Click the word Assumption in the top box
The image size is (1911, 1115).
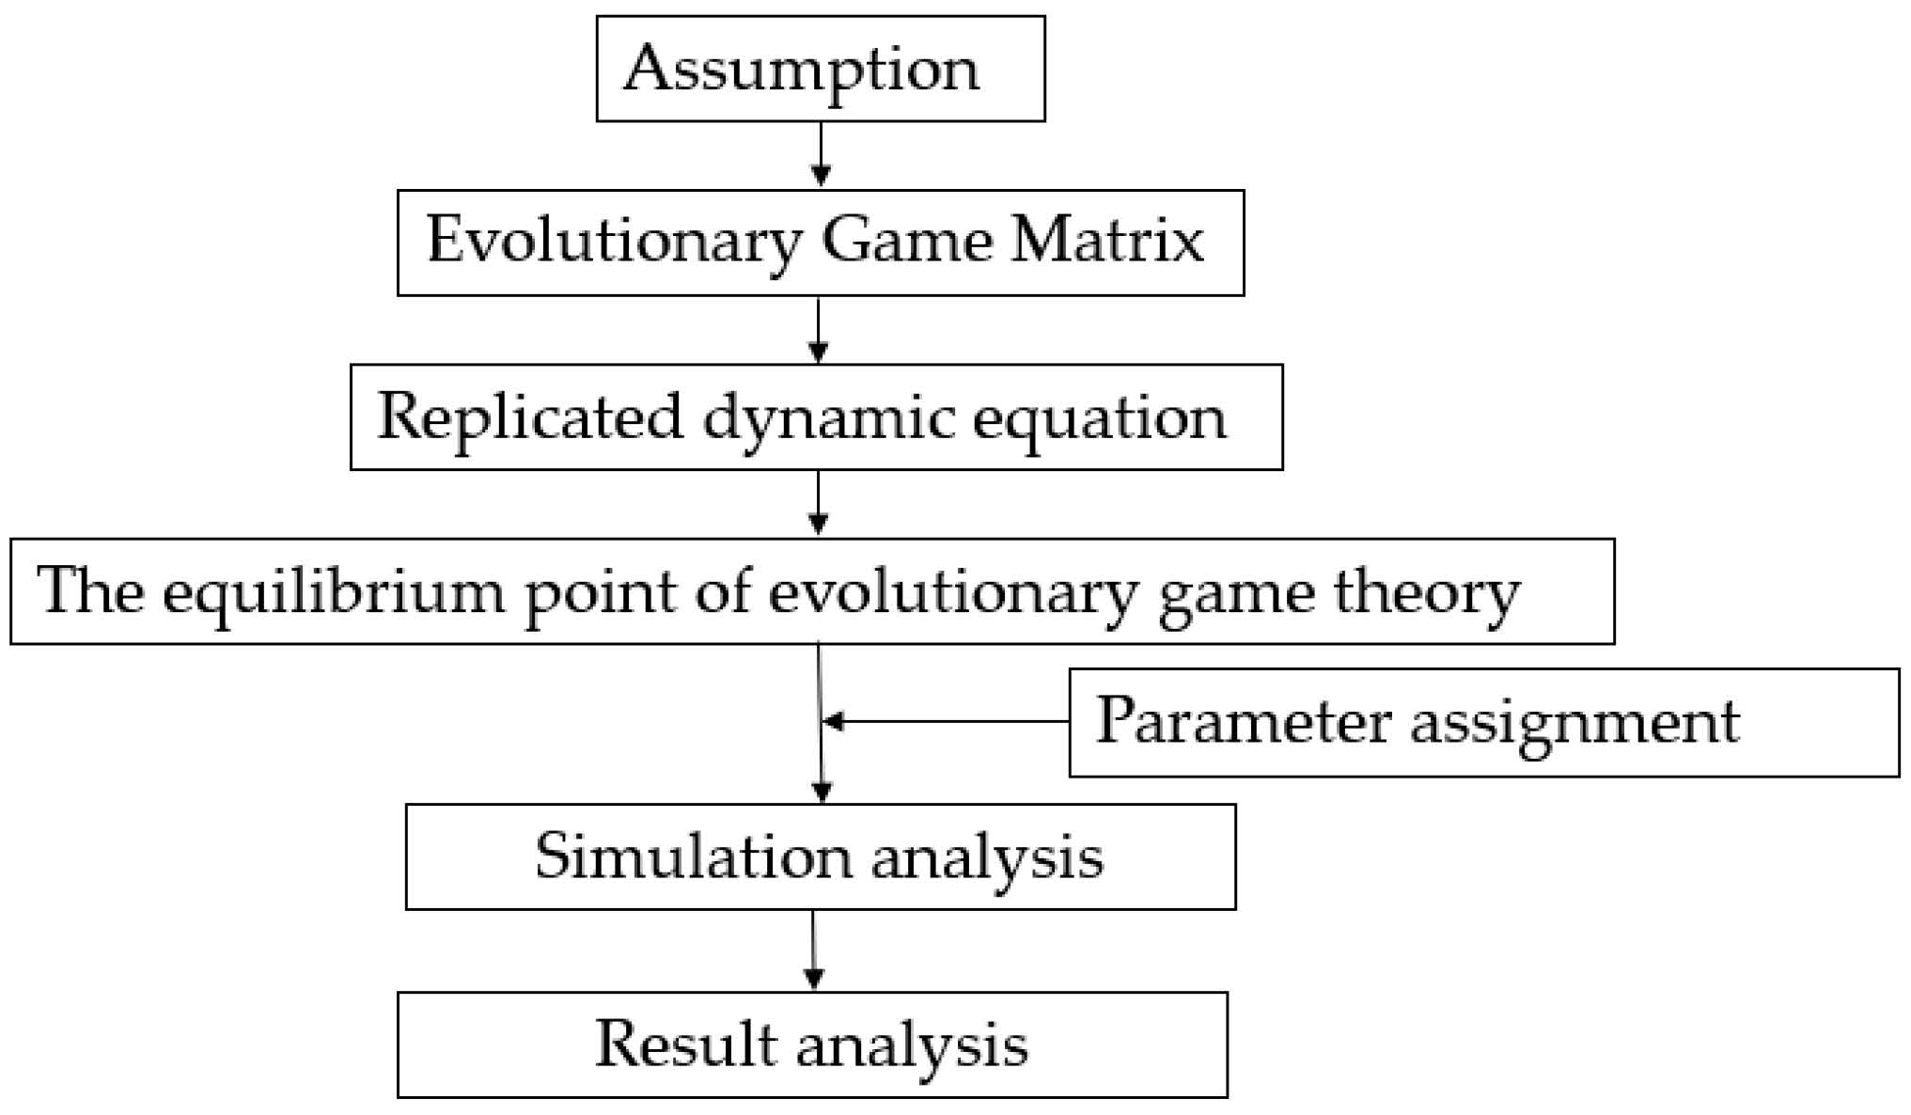(801, 71)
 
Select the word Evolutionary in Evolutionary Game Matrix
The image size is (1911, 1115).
(613, 242)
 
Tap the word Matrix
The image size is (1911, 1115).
(1107, 240)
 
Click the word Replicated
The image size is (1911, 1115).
(529, 416)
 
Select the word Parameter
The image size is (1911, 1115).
(1242, 721)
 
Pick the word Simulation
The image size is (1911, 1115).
(693, 856)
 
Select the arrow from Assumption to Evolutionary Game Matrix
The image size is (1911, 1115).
(821, 155)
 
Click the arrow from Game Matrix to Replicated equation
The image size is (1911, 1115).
(818, 330)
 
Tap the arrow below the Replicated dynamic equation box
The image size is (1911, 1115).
(818, 504)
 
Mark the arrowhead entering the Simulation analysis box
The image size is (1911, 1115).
(822, 792)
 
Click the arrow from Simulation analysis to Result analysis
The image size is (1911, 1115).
(814, 950)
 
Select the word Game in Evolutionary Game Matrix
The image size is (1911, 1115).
(907, 242)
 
